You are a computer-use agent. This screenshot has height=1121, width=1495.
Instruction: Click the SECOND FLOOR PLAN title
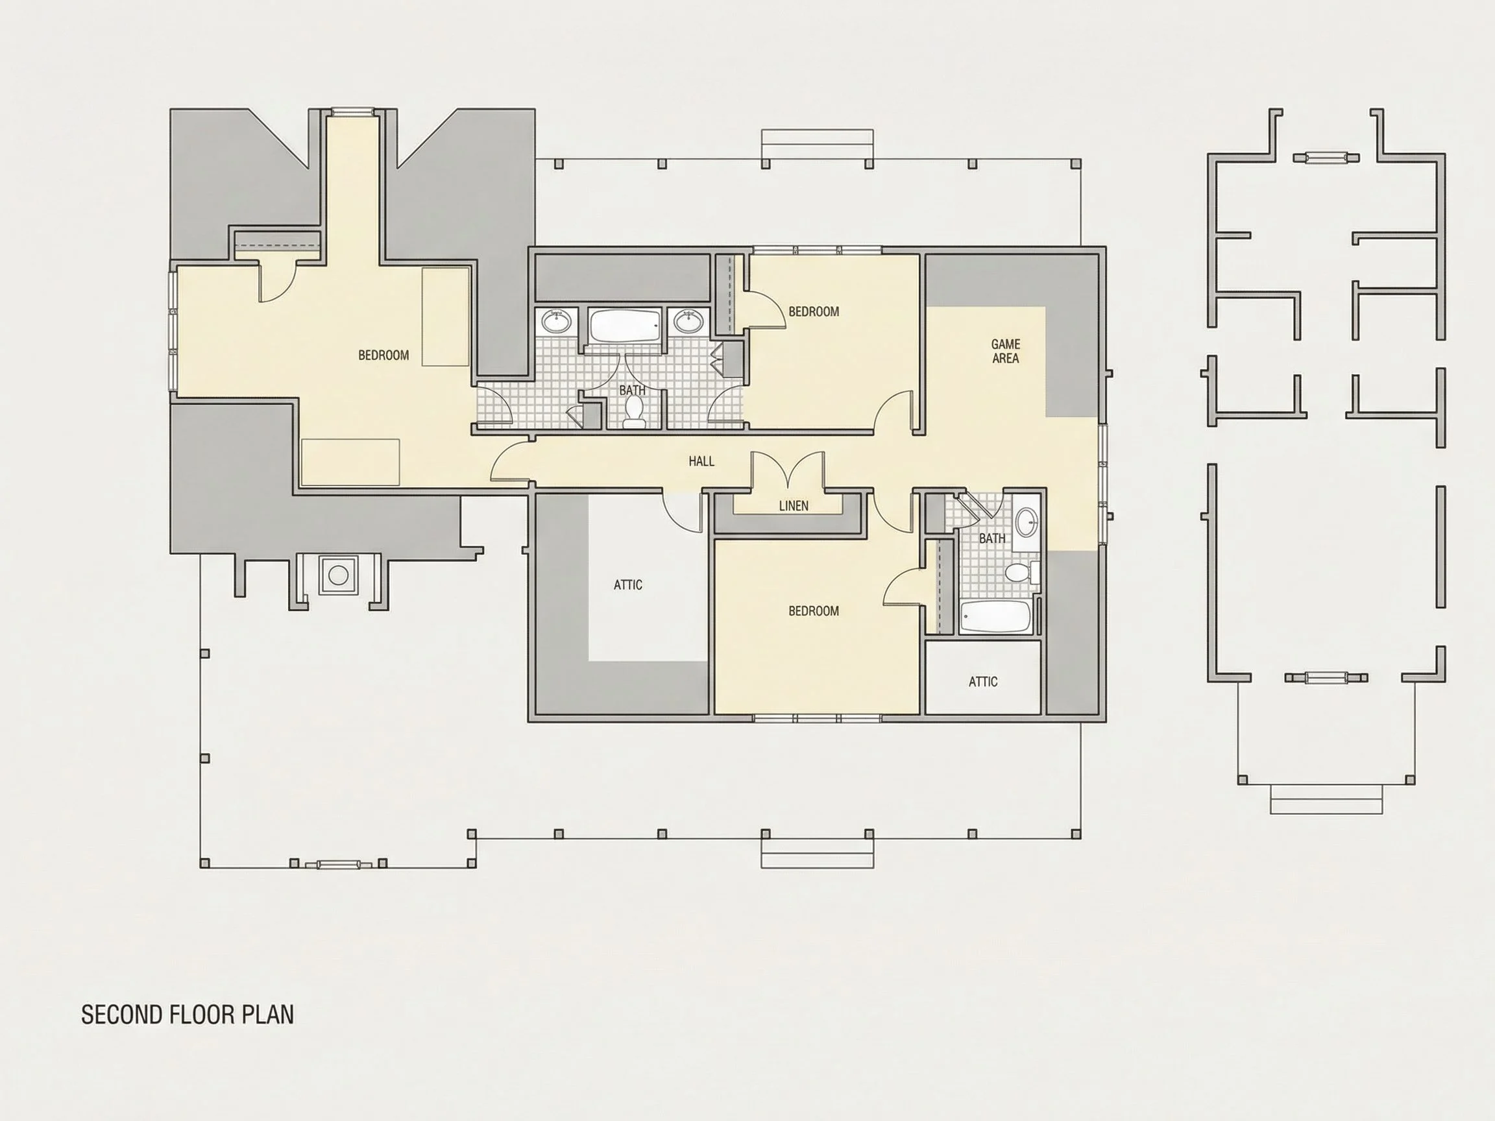(188, 1014)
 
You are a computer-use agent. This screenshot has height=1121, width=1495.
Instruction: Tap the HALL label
(701, 461)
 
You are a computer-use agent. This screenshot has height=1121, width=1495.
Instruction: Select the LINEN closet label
(794, 505)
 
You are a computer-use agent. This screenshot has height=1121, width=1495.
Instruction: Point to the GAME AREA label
(1006, 352)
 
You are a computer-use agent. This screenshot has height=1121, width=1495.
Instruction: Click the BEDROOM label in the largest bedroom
(383, 355)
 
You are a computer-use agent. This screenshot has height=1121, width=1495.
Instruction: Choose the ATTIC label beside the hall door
(628, 585)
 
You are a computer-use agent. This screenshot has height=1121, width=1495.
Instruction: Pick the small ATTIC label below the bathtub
(982, 682)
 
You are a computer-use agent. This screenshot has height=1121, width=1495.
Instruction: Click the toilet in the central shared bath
(634, 411)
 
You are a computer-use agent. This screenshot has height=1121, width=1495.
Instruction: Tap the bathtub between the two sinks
(624, 326)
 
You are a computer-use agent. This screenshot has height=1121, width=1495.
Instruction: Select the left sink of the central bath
(557, 322)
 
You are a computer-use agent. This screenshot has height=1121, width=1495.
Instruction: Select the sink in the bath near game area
(1027, 521)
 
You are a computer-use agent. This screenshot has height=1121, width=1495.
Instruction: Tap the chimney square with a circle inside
(339, 575)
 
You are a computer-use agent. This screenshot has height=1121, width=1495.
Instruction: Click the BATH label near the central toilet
(632, 390)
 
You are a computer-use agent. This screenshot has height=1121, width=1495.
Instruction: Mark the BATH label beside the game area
(991, 538)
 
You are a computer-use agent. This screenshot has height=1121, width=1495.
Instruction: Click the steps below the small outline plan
(1326, 799)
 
